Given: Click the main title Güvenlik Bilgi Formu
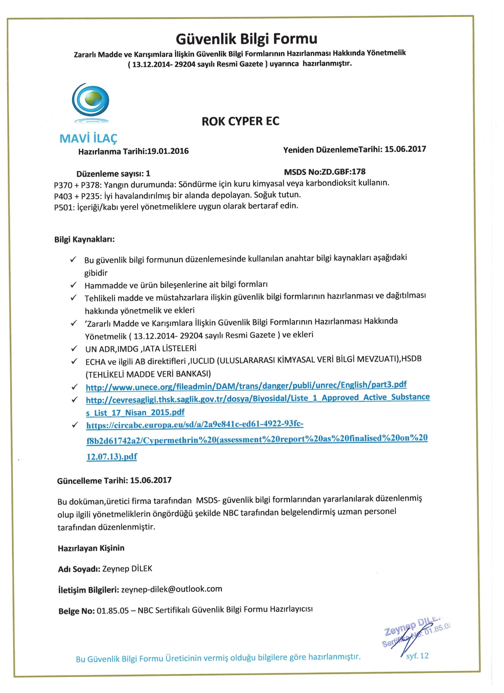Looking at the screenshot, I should point(247,39).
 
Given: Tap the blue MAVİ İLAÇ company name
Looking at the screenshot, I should point(88,139).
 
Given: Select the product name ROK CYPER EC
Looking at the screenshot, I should point(240,122).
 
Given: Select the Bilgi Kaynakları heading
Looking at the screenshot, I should point(84,239).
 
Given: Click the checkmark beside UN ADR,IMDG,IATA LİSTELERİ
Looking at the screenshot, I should point(74,349).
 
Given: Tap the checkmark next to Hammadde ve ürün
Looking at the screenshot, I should point(73,285).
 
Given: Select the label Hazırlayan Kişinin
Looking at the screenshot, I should point(91,548).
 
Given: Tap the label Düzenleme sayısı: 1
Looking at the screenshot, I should point(113,174).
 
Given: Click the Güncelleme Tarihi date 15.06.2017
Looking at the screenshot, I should point(151,480).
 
